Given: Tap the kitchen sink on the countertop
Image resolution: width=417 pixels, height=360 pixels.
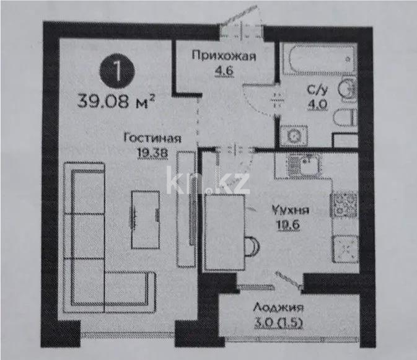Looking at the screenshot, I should pos(304,165).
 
